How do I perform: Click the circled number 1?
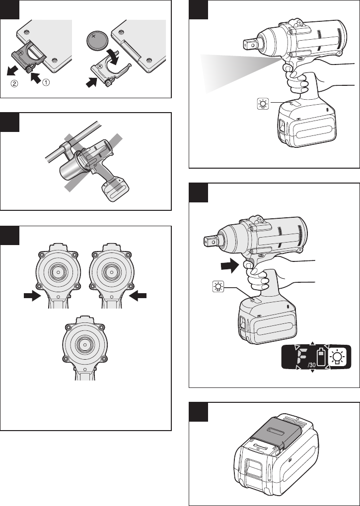pos(46,83)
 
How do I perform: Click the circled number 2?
pos(14,83)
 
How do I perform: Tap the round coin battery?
pos(97,40)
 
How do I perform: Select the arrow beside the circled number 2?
pos(13,70)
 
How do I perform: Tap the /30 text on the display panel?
pos(311,365)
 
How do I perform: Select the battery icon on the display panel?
pos(321,357)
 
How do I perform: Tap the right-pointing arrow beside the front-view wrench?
pos(33,296)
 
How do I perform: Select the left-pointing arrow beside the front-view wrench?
pos(138,296)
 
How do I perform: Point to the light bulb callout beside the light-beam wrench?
pos(263,104)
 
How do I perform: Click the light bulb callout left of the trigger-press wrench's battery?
pos(218,287)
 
